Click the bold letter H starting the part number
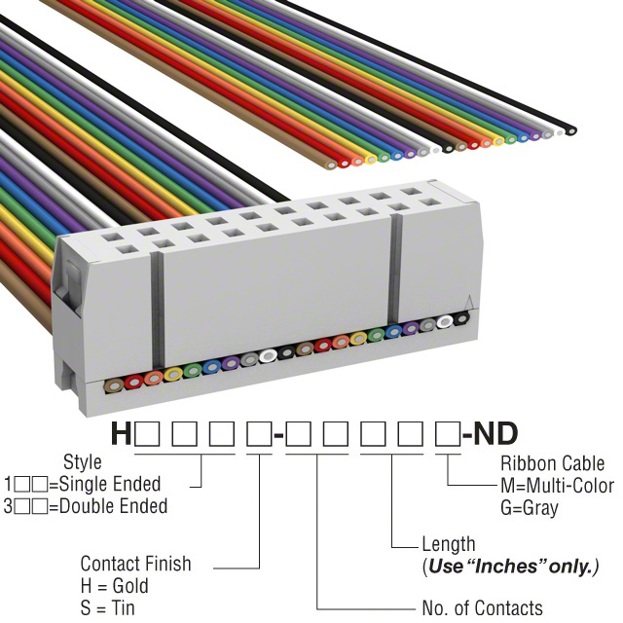click(121, 433)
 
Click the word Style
click(82, 461)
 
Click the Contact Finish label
click(135, 564)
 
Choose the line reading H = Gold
click(115, 586)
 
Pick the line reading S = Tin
click(108, 608)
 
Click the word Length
click(449, 544)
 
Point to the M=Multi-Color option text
click(557, 486)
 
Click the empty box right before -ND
click(449, 434)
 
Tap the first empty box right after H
click(147, 434)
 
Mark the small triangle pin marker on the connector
click(470, 302)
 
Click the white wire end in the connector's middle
click(268, 357)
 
